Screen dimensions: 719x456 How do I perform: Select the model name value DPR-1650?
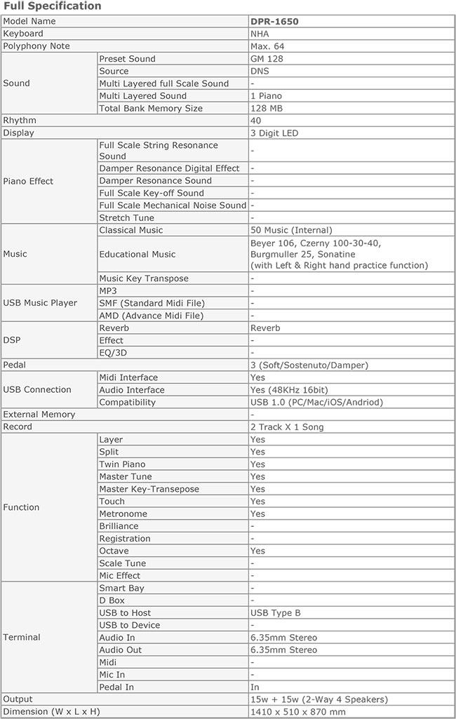[274, 22]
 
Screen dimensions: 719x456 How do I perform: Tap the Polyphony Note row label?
[36, 46]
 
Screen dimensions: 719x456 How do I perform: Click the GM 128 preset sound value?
[267, 59]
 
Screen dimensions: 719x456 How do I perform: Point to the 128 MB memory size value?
[266, 109]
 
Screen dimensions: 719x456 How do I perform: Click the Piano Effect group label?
[28, 181]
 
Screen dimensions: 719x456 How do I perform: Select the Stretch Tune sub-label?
[126, 218]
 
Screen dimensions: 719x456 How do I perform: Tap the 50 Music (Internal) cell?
[291, 230]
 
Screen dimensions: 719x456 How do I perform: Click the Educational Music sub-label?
[138, 254]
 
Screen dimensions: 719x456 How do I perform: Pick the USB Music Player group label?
[40, 303]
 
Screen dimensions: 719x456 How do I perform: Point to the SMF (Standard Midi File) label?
[151, 303]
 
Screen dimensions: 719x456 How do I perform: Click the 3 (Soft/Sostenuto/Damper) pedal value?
[309, 365]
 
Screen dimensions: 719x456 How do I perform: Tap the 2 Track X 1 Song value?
[288, 427]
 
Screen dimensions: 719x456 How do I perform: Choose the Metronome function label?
[123, 514]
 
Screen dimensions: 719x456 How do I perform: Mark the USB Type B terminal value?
[276, 613]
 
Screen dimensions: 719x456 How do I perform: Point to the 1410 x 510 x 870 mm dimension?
[298, 712]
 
